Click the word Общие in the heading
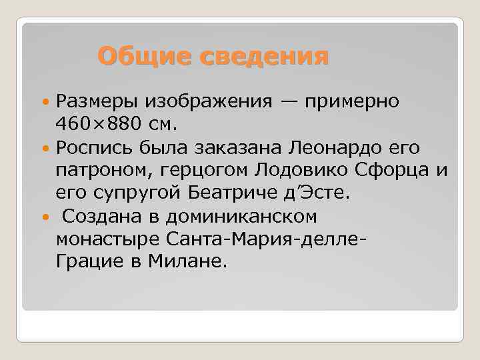(135, 56)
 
